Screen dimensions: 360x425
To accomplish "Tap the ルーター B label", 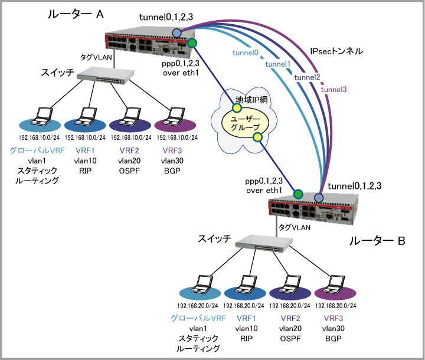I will click(377, 241).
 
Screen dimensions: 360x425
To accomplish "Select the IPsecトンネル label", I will click(336, 52).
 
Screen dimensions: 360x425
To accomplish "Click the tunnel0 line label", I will click(246, 53).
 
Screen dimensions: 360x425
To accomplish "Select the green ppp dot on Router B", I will click(297, 193).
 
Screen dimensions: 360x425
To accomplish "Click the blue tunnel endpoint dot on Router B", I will click(319, 197).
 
